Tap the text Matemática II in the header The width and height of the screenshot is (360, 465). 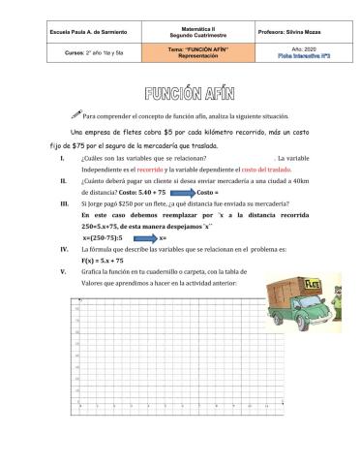point(180,28)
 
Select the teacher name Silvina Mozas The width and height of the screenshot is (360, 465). point(287,32)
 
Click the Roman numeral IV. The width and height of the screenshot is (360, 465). point(63,249)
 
